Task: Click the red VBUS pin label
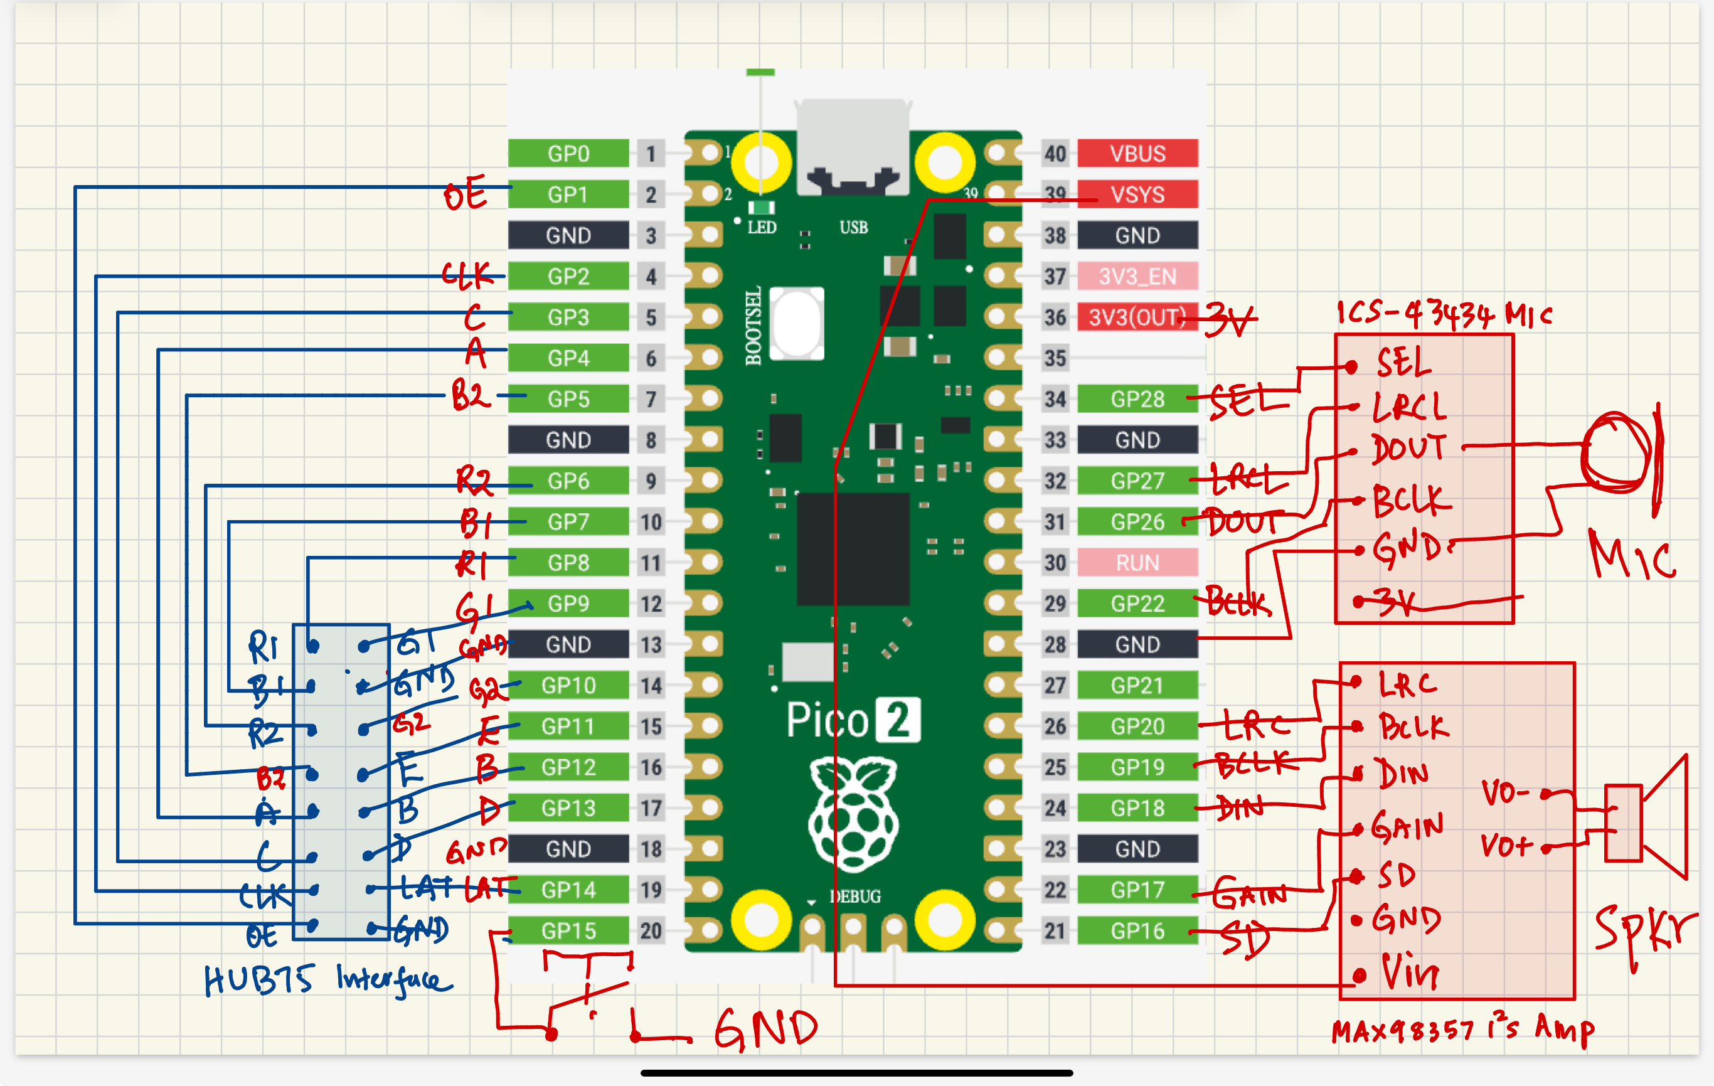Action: pyautogui.click(x=1137, y=154)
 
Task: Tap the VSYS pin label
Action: pyautogui.click(x=1137, y=194)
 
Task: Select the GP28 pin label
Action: pyautogui.click(x=1137, y=399)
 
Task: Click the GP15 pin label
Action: pyautogui.click(x=568, y=930)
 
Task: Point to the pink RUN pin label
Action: pyautogui.click(x=1137, y=563)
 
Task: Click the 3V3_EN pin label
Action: pyautogui.click(x=1137, y=276)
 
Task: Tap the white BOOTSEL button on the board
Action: pyautogui.click(x=797, y=324)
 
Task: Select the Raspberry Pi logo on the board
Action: pyautogui.click(x=853, y=815)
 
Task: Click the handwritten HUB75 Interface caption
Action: pyautogui.click(x=327, y=980)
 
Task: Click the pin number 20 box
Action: pyautogui.click(x=650, y=930)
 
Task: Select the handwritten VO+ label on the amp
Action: pyautogui.click(x=1506, y=846)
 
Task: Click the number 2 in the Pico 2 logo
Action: pyautogui.click(x=898, y=720)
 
